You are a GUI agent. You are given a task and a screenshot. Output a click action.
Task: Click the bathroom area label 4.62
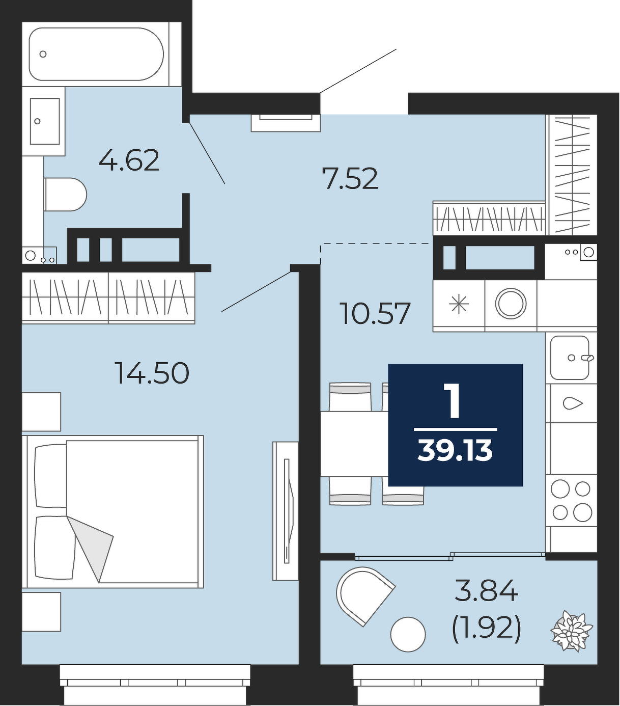(x=129, y=160)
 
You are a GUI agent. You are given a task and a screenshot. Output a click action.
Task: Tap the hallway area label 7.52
(x=351, y=178)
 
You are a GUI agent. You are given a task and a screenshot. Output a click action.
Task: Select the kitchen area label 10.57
(x=376, y=314)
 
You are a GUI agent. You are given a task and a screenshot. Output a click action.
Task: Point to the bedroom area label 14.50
(x=153, y=372)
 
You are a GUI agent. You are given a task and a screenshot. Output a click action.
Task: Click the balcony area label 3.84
(x=487, y=589)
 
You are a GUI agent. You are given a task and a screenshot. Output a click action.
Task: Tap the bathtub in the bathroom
(x=96, y=54)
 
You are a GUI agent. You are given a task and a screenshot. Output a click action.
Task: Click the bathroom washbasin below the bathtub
(x=45, y=121)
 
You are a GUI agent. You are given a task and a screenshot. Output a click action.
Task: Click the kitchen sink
(x=571, y=358)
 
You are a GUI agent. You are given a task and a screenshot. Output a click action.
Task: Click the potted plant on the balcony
(x=572, y=631)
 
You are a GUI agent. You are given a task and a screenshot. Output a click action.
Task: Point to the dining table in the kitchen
(x=354, y=444)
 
